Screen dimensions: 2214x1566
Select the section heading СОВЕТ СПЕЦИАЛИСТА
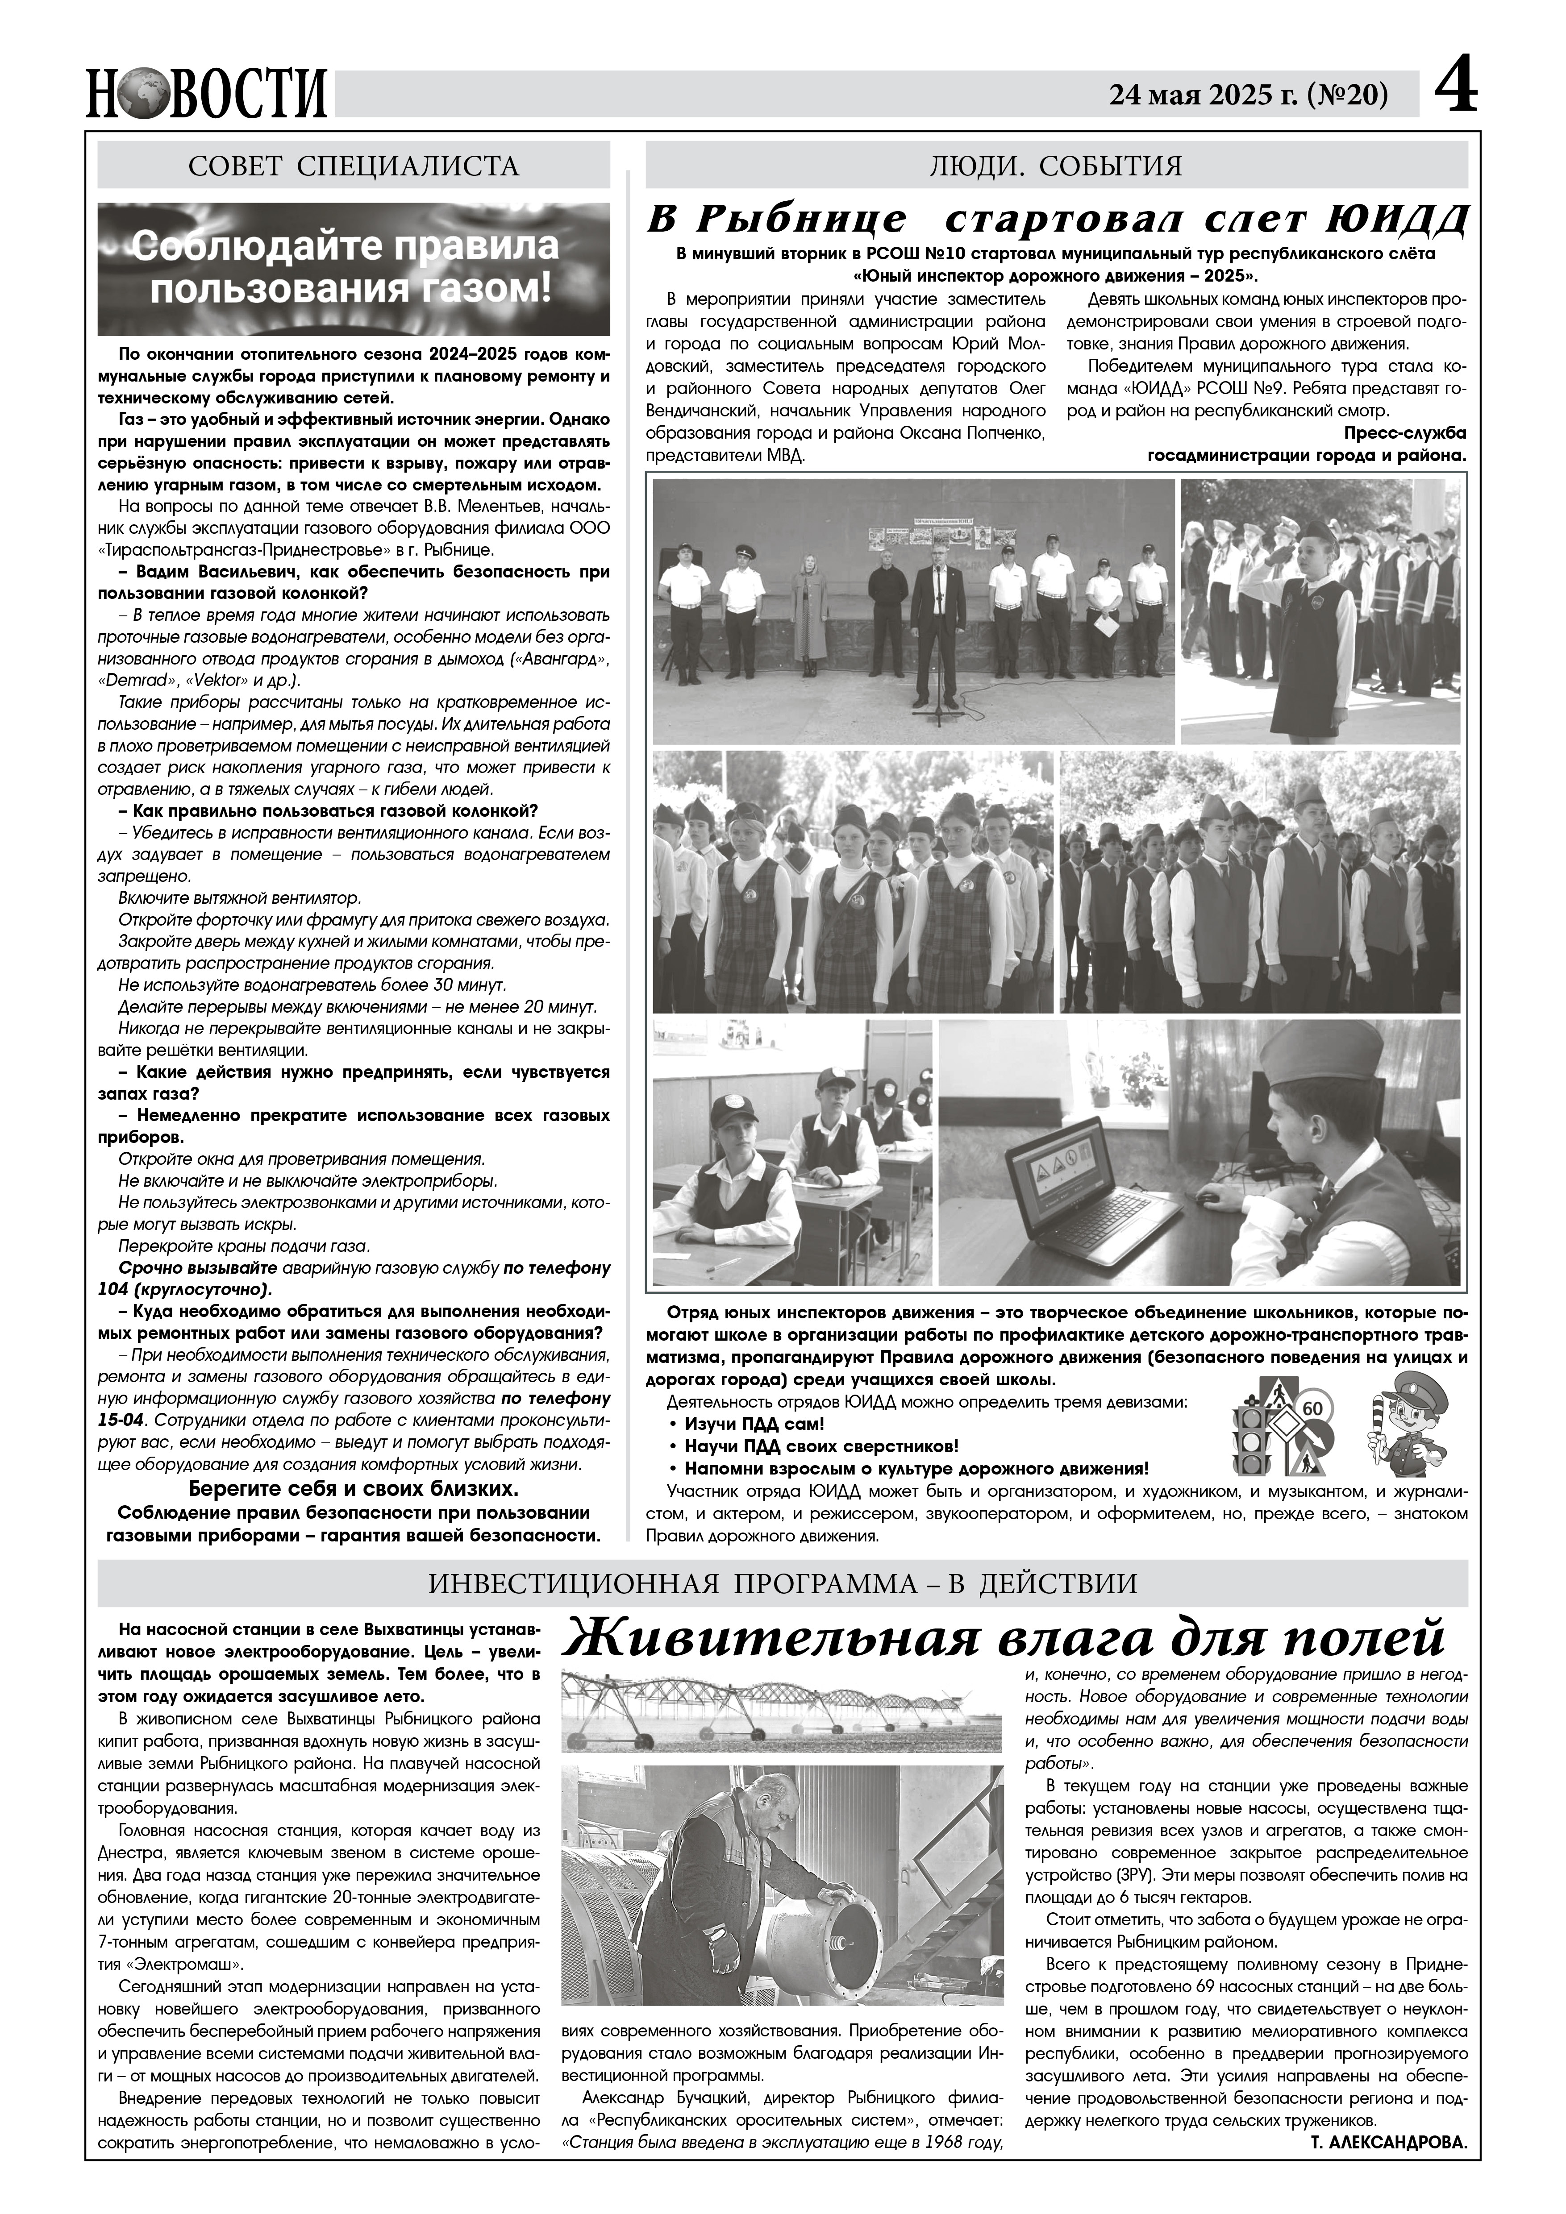pyautogui.click(x=354, y=166)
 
